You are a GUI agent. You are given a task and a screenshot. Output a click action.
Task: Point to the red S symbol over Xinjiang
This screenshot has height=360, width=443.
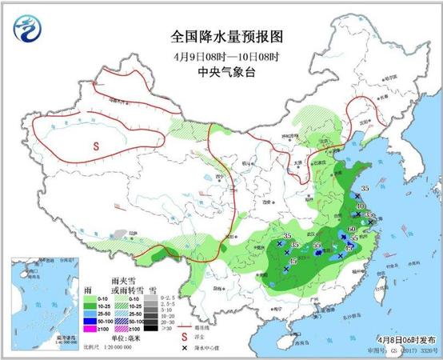tap(95, 146)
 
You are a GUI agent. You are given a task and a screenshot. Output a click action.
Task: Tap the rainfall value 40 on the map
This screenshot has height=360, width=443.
tap(359, 206)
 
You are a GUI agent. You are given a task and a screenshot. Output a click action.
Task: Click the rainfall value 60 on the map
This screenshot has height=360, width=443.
tap(352, 230)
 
